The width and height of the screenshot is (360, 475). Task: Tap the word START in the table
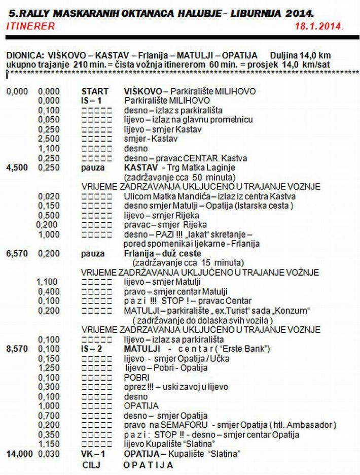(x=95, y=91)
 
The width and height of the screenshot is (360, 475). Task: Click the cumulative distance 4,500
(x=17, y=168)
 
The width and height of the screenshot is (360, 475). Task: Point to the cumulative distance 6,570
(x=17, y=254)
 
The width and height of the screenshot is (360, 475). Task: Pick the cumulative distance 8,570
(x=17, y=349)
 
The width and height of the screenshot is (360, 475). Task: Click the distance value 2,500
(x=49, y=139)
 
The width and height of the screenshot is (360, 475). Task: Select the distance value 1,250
(x=49, y=368)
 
